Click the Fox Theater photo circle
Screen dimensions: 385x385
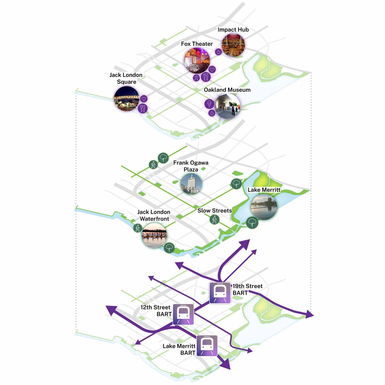tap(197, 61)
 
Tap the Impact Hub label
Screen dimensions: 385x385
tap(233, 30)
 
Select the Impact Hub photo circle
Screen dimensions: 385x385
tap(233, 45)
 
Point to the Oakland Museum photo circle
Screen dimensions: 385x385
tap(227, 106)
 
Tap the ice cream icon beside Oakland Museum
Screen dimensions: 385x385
tap(210, 104)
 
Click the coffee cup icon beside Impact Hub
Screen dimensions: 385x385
tap(218, 52)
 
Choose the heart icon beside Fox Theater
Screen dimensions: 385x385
tap(212, 70)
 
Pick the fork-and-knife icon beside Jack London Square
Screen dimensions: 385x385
tap(143, 108)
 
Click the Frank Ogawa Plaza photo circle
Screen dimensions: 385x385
tap(191, 184)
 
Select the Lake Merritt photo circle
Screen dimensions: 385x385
tap(264, 207)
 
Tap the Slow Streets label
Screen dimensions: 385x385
tap(215, 210)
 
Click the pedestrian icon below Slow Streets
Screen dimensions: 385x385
tap(214, 219)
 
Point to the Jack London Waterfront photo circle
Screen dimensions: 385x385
tap(154, 236)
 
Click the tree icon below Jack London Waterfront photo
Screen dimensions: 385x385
tap(169, 248)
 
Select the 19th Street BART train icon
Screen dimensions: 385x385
tap(220, 293)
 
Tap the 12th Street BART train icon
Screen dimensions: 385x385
tap(183, 314)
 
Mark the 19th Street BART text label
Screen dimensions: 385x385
tap(248, 289)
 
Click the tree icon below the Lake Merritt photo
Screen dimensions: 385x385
tap(252, 223)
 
